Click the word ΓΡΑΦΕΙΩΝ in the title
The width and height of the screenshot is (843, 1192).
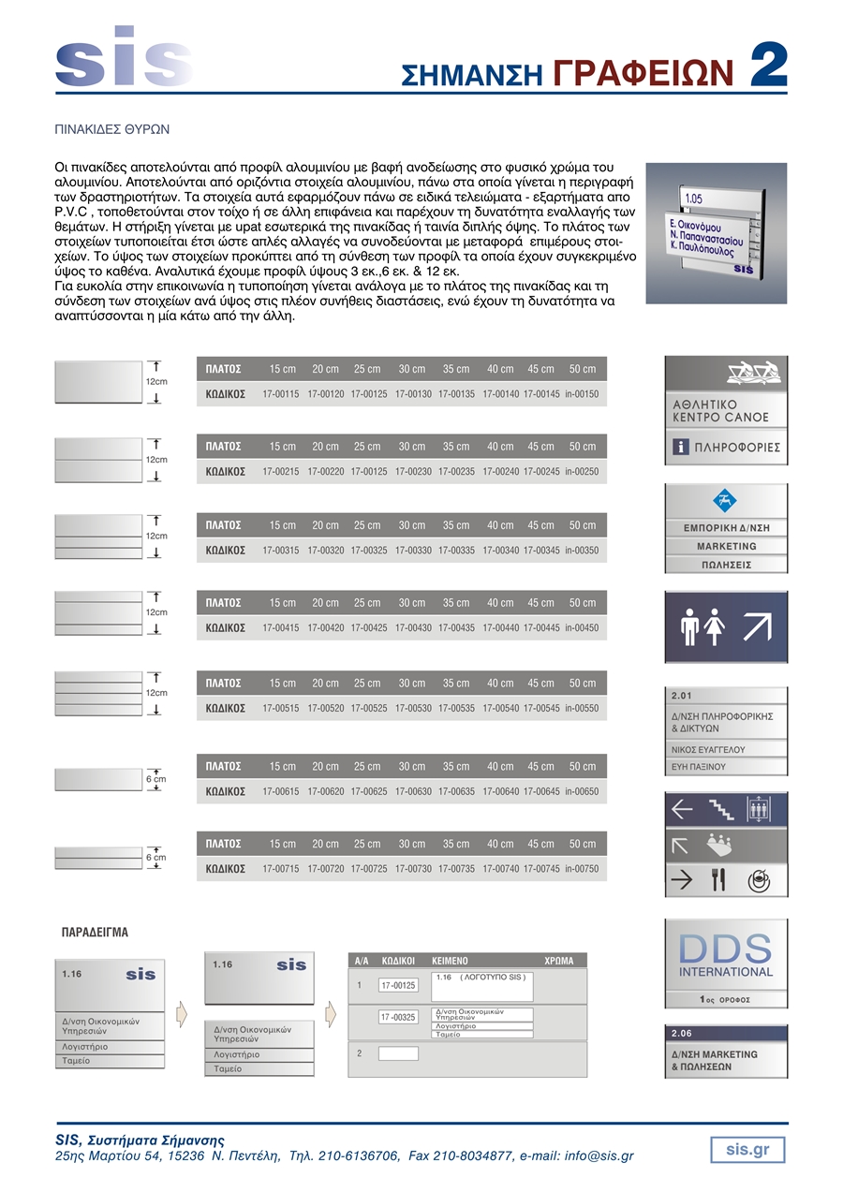pos(643,73)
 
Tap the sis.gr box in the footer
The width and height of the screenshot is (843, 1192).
pos(747,1149)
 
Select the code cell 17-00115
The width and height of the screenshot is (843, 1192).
pos(281,394)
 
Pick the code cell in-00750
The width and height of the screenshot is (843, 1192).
pos(582,869)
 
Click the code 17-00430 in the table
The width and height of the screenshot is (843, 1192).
pos(413,627)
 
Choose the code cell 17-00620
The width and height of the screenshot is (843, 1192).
pos(326,791)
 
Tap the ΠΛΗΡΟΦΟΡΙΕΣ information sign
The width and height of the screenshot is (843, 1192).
pos(726,448)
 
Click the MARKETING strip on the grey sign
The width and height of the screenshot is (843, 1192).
pos(726,546)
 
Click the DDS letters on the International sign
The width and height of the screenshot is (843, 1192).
pos(726,948)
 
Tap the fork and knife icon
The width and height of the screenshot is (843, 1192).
pos(718,880)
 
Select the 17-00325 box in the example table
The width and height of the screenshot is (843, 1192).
pos(398,1017)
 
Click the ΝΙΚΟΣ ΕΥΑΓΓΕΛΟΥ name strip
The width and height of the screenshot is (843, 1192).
pos(708,750)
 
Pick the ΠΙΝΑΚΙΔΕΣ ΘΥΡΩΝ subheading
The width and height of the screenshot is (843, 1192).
pos(111,128)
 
